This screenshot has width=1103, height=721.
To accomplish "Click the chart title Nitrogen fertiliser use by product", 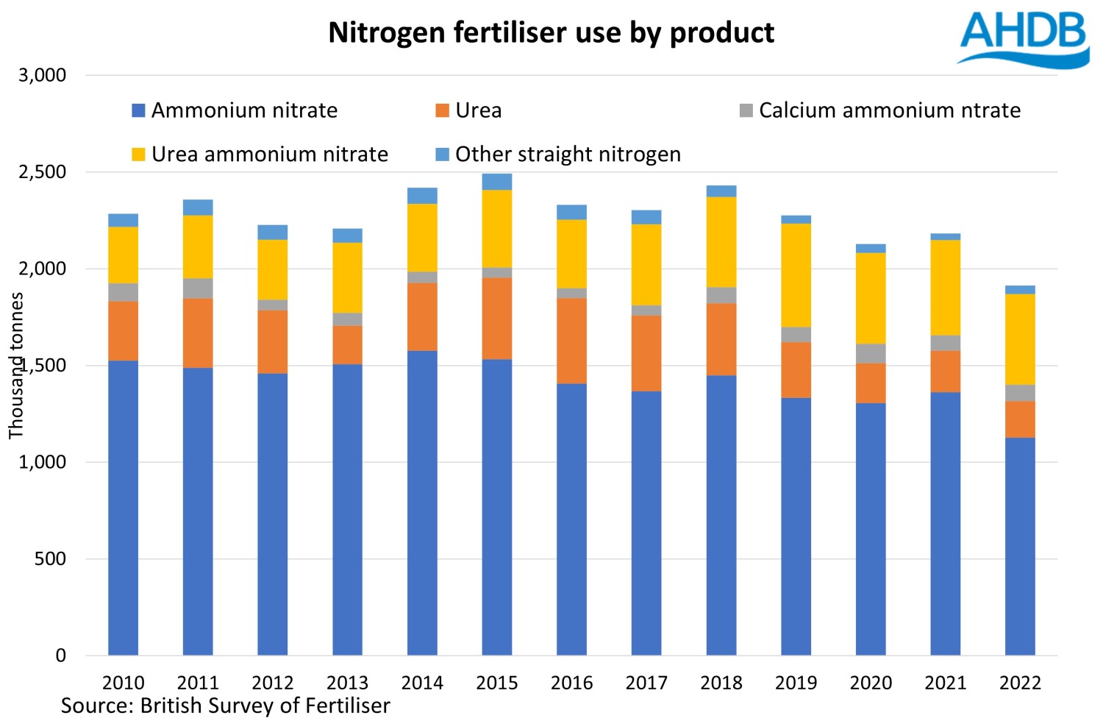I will (551, 33).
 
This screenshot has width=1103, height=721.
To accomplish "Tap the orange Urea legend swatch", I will (442, 110).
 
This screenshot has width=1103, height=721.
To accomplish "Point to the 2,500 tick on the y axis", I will (43, 172).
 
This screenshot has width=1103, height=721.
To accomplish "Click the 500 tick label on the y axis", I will (50, 559).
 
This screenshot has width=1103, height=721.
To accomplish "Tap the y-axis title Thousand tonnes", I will (16, 366).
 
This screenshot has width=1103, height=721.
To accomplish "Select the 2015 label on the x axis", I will (496, 683).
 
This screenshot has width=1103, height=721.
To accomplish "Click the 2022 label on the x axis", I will (1020, 683).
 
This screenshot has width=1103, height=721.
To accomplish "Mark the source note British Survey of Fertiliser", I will (225, 706).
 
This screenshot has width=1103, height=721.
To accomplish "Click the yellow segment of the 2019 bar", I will (796, 275).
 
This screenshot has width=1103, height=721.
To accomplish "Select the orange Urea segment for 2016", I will (571, 341).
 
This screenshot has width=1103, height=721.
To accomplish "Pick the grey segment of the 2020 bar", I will (871, 354).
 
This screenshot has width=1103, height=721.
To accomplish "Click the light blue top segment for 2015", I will (496, 182).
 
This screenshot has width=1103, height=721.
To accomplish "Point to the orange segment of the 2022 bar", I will (1020, 419).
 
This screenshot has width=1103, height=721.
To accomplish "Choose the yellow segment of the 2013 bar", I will (347, 278).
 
